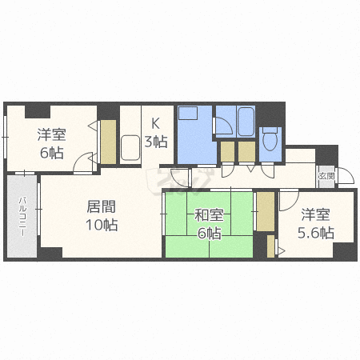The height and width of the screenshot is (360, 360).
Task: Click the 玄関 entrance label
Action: click(326, 176)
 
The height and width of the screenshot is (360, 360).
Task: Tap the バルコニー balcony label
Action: click(22, 216)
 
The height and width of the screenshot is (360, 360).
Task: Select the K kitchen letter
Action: click(155, 123)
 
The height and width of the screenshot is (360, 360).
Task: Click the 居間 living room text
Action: click(102, 206)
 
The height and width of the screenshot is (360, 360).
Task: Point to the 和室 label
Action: click(209, 215)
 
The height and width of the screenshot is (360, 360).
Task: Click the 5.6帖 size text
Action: click(316, 233)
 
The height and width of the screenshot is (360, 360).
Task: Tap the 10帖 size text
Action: click(102, 225)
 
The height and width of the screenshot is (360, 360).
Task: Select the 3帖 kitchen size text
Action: click(156, 142)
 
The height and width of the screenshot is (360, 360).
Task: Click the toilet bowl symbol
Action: click(270, 139)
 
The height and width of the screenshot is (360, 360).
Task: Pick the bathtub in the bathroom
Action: click(246, 122)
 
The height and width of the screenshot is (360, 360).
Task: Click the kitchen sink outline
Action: click(130, 148)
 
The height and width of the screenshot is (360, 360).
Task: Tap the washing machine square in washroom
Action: click(188, 113)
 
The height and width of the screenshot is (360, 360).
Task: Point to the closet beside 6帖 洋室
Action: click(108, 142)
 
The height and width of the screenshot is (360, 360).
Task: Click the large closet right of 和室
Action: click(266, 211)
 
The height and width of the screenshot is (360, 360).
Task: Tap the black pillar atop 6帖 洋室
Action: click(38, 111)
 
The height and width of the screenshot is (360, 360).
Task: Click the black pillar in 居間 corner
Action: click(50, 253)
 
